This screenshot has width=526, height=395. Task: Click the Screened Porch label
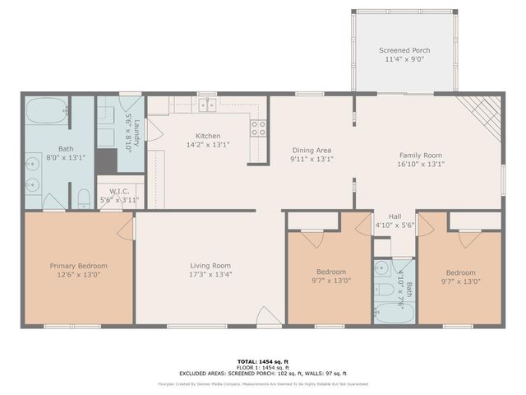pos(404,50)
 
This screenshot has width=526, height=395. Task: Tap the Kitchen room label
pos(207,136)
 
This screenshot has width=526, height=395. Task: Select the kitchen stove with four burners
pos(258,128)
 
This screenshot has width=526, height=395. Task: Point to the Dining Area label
pos(311,151)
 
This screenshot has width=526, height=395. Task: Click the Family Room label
pos(421,155)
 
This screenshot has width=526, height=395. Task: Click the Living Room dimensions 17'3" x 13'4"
pos(210,275)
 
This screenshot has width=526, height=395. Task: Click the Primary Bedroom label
pos(78,266)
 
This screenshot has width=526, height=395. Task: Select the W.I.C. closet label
pos(115,191)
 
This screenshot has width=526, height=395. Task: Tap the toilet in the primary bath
pos(83,198)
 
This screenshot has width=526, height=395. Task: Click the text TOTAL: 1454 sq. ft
pos(263,361)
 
